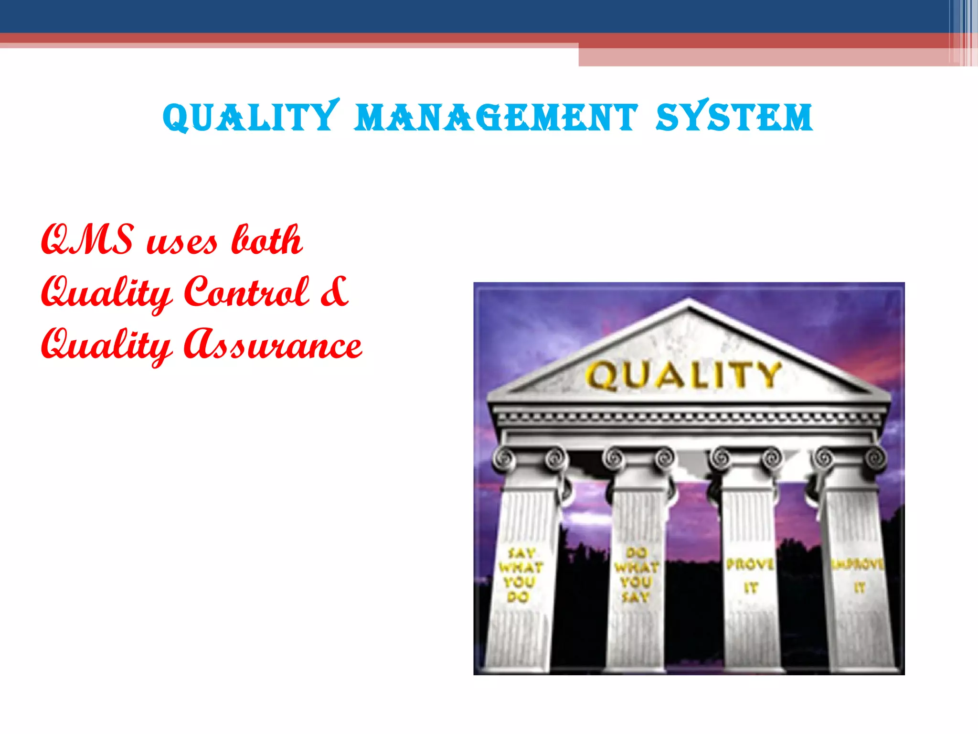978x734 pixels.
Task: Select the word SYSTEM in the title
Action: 734,117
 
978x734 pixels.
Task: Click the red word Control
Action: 246,292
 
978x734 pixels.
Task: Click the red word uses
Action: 182,242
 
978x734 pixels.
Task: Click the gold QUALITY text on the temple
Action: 683,375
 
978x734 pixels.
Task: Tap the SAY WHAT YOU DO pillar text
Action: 520,575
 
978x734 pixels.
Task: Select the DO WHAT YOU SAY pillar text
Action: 636,575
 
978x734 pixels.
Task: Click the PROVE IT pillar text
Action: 750,575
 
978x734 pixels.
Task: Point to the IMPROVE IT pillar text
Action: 859,575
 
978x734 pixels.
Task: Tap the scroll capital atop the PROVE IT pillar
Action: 746,459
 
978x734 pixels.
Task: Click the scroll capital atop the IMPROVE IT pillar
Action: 849,459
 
